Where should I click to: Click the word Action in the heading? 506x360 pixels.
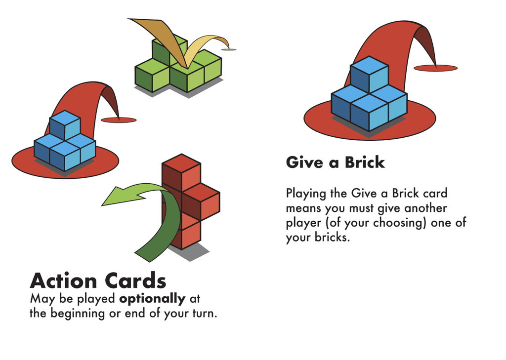[x=63, y=280]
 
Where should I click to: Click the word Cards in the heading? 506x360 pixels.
[x=135, y=280]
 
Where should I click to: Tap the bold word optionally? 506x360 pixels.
[x=152, y=299]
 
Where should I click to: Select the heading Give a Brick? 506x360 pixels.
[x=336, y=162]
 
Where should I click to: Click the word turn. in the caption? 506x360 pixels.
[x=205, y=313]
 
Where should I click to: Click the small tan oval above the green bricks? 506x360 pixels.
[x=229, y=49]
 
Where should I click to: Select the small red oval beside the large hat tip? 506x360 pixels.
[x=436, y=68]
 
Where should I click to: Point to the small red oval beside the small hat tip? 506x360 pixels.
[x=119, y=120]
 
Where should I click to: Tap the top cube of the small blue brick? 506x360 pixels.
[x=65, y=125]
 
